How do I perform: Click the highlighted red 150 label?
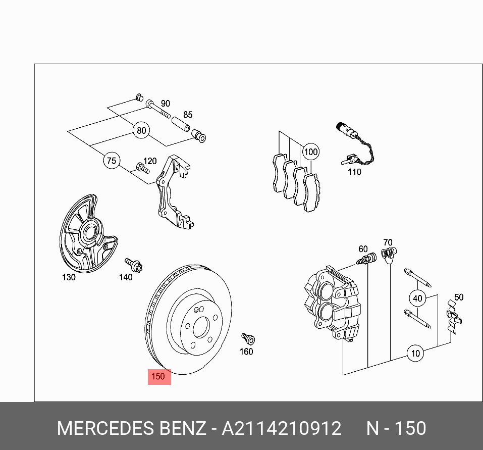159,376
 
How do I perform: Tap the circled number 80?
141,131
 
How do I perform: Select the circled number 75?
111,161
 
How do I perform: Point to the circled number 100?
311,152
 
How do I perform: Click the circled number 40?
417,298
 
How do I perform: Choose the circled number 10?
415,354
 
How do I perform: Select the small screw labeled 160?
247,337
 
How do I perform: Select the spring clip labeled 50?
454,319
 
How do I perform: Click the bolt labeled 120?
142,168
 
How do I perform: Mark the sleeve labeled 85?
181,124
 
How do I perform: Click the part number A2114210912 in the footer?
282,429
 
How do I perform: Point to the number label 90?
165,104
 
